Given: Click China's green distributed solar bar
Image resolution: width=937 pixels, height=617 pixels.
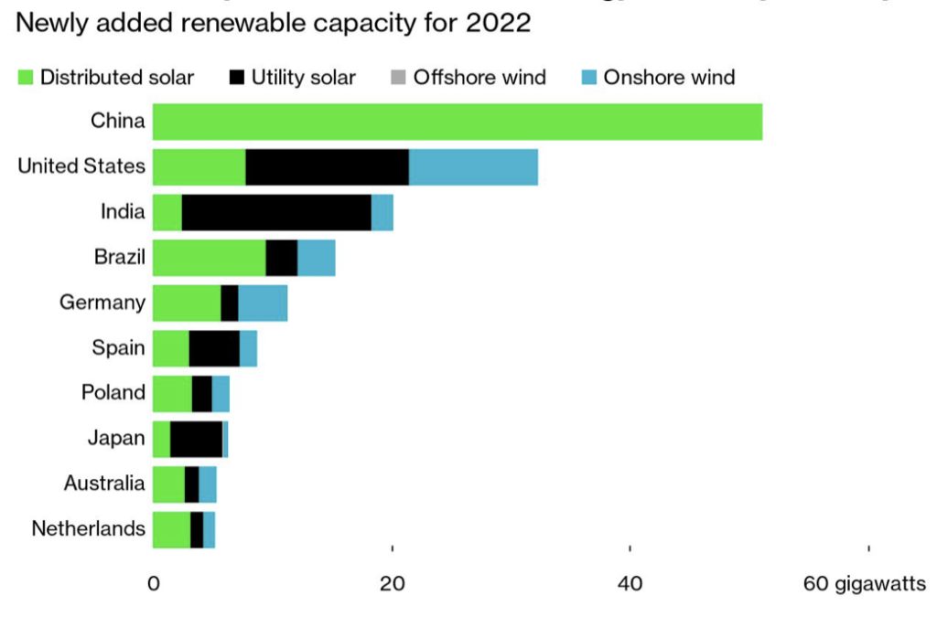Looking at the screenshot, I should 457,122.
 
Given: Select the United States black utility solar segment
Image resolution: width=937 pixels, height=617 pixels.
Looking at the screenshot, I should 327,167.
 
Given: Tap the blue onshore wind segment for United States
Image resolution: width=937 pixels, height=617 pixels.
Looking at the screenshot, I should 473,167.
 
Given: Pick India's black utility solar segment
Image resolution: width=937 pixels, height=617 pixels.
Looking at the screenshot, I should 276,213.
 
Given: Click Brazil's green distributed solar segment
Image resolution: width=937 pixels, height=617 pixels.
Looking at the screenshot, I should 209,258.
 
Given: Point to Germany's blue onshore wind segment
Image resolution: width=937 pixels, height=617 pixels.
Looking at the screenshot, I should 263,303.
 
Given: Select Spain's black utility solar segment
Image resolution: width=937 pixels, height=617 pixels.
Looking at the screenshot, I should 214,348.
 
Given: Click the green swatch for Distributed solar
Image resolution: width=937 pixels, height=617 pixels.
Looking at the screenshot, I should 25,77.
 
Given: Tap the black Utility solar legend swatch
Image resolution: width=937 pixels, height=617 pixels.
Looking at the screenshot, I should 236,77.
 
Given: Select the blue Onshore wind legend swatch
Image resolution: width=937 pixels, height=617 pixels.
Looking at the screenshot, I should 587,77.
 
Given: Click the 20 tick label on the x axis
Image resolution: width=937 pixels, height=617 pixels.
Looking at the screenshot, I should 393,583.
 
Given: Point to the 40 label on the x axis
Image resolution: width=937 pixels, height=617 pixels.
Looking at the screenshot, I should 630,583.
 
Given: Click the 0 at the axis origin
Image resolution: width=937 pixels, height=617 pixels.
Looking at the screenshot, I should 154,583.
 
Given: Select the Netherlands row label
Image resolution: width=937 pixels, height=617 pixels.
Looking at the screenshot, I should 88,528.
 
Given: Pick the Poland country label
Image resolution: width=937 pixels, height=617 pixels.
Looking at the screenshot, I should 113,392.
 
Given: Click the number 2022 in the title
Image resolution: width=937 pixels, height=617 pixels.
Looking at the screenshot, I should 498,23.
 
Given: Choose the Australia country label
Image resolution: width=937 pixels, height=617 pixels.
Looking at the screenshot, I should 104,483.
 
